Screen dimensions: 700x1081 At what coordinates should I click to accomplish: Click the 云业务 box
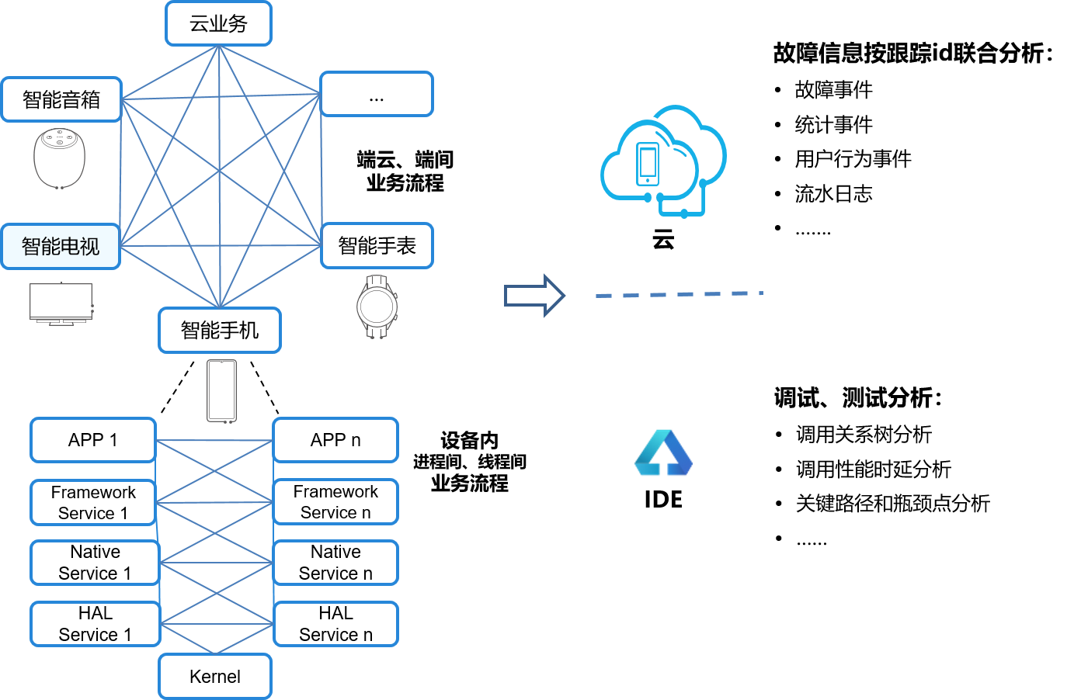coord(218,23)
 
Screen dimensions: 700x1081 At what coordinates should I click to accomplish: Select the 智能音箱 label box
coord(61,99)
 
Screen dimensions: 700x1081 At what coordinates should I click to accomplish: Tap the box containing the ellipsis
coord(377,95)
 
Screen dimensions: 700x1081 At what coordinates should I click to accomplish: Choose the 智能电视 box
coord(61,247)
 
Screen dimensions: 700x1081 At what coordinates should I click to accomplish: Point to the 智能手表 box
coord(377,246)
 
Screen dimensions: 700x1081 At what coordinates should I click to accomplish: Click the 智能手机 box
coord(220,331)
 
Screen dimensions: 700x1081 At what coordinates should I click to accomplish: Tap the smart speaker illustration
coord(59,158)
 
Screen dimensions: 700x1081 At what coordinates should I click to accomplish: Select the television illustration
coord(61,303)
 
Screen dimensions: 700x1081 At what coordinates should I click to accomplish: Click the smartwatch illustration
coord(377,307)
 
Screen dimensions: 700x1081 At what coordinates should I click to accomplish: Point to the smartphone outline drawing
coord(221,391)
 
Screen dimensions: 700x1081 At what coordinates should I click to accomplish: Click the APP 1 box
coord(93,440)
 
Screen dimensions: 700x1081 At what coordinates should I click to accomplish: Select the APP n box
coord(335,440)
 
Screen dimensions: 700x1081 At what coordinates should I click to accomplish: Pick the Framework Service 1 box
coord(93,502)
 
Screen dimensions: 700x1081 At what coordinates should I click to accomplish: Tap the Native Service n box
coord(335,563)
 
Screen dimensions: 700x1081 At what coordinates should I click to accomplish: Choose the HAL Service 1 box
coord(96,624)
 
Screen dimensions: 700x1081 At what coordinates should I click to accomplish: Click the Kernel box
coord(215,676)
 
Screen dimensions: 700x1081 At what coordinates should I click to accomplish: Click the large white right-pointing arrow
coord(534,296)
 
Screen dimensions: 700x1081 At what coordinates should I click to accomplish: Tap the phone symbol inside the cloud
coord(648,164)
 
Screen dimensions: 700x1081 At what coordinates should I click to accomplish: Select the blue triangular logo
coord(663,454)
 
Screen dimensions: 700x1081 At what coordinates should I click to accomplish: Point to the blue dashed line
coord(680,294)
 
